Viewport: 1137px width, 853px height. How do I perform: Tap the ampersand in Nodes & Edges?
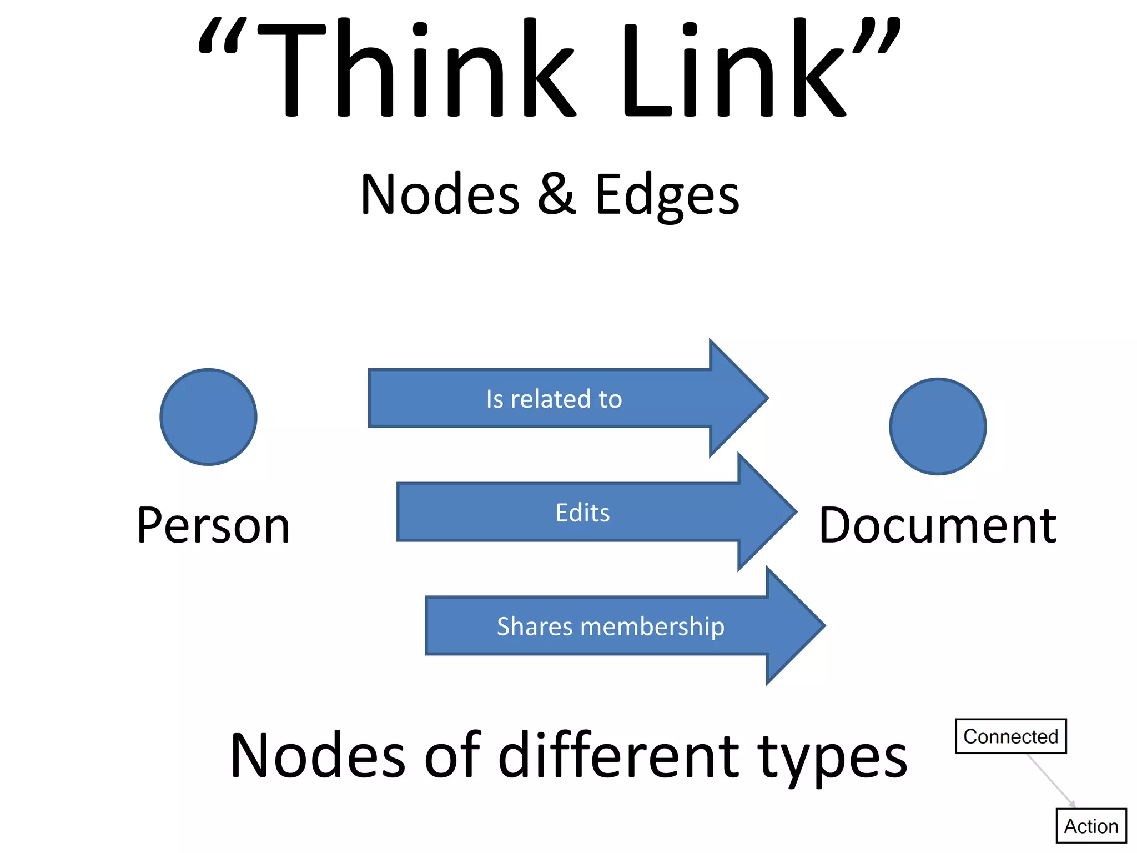click(556, 194)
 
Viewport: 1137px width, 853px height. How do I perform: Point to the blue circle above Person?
click(208, 417)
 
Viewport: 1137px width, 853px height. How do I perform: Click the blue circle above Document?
click(938, 426)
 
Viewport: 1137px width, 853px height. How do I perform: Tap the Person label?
click(213, 525)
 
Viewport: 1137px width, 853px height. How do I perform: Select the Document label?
click(937, 525)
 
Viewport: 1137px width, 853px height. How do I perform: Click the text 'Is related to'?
click(554, 399)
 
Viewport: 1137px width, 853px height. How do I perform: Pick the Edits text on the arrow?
click(582, 513)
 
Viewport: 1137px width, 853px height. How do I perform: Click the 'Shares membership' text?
click(610, 626)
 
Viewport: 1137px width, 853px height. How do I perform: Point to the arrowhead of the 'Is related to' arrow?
click(738, 398)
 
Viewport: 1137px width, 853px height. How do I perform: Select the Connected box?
click(1010, 736)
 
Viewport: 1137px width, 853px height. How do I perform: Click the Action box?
click(1091, 826)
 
